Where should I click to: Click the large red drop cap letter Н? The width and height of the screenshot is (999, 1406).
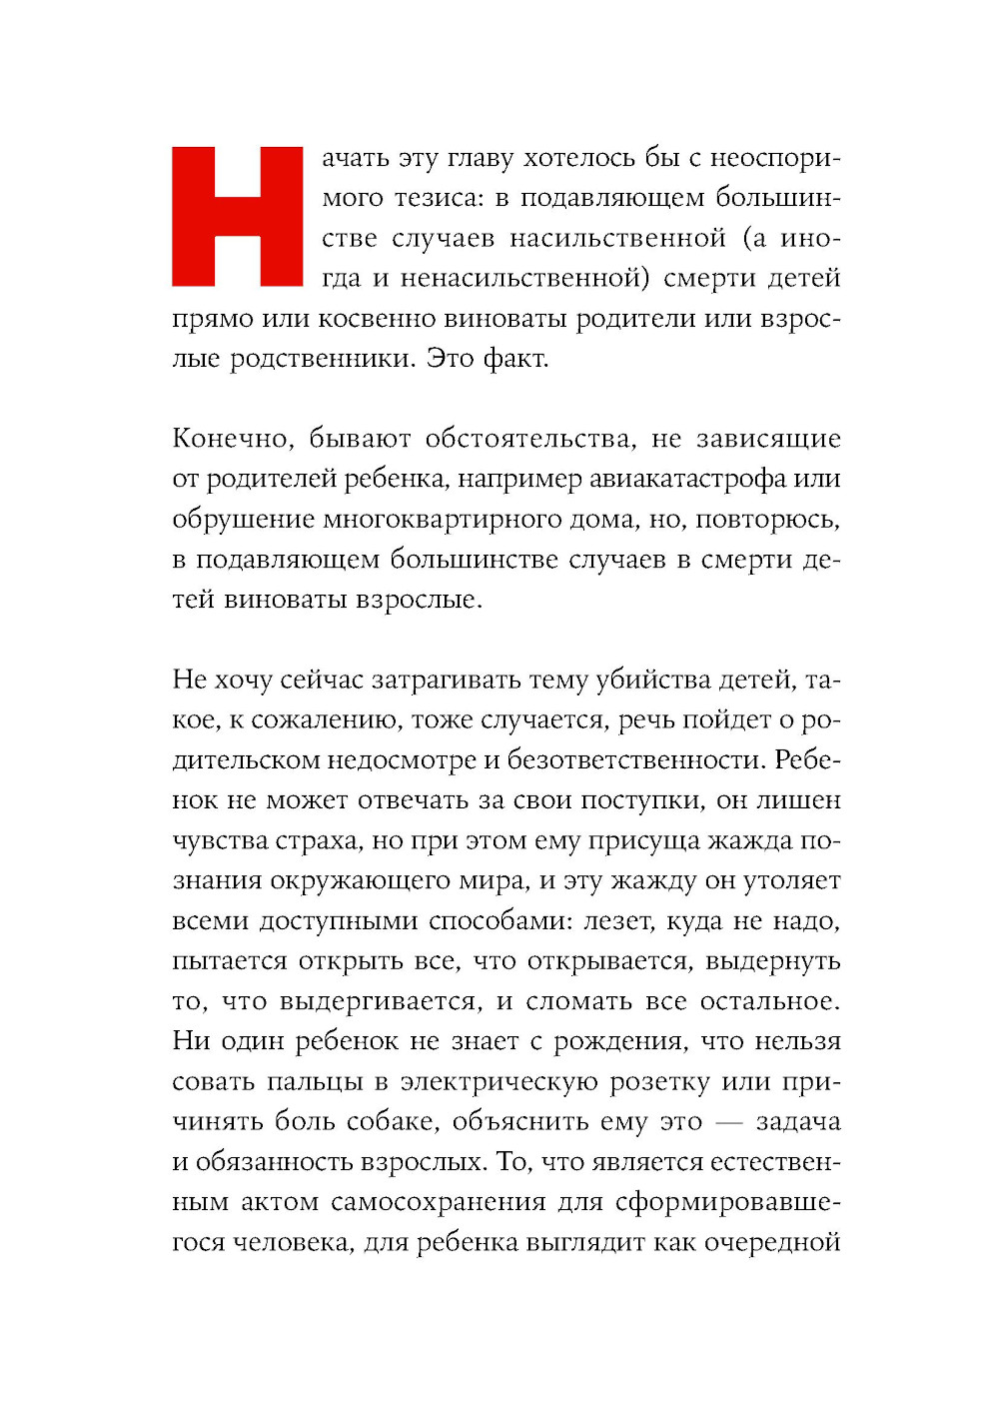237,216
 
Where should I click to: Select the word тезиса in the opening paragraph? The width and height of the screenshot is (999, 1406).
437,198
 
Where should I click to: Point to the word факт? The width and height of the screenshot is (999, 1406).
515,358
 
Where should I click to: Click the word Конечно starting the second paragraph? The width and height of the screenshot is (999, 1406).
232,439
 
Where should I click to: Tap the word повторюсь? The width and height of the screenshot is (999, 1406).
767,519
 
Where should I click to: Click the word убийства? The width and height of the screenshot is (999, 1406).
655,680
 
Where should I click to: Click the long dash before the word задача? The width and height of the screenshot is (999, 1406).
729,1122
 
